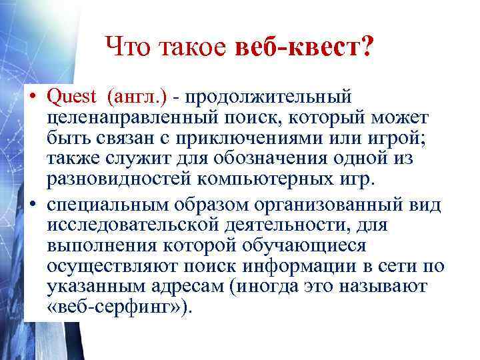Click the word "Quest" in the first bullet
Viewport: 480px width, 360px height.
(x=71, y=97)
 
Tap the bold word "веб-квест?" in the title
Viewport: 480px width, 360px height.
(x=305, y=47)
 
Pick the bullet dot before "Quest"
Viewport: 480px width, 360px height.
(x=33, y=98)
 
